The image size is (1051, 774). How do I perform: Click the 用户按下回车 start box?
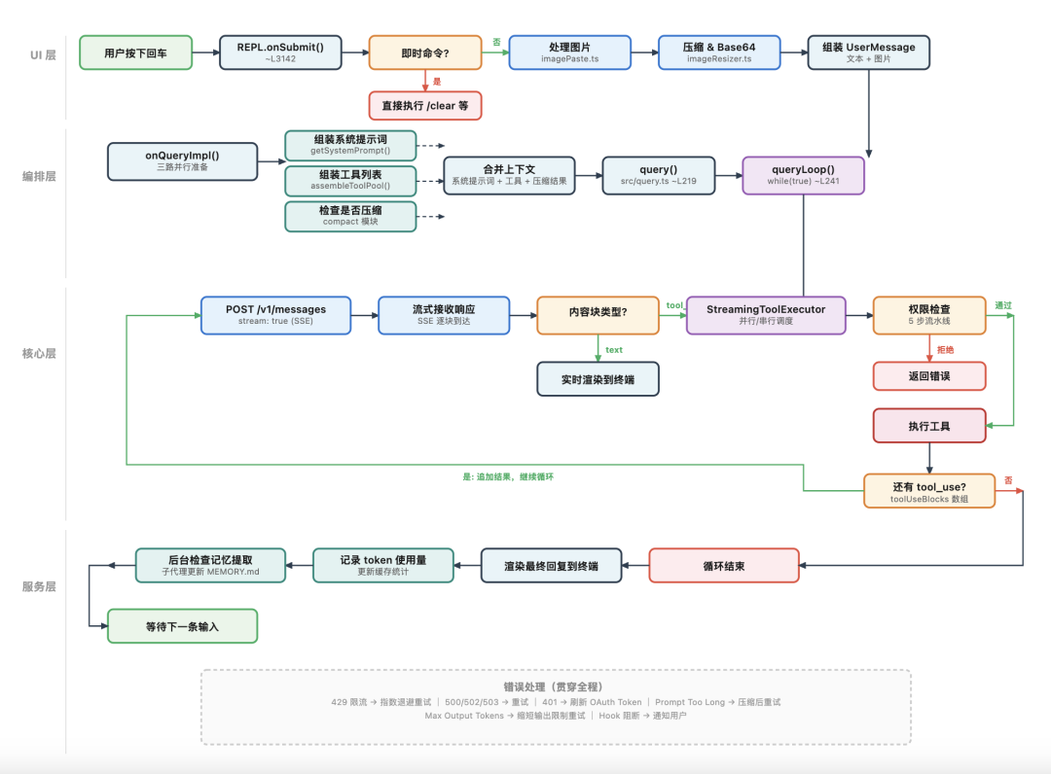pyautogui.click(x=135, y=53)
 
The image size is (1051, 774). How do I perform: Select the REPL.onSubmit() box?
pyautogui.click(x=280, y=53)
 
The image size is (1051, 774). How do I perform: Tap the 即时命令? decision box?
pyautogui.click(x=425, y=53)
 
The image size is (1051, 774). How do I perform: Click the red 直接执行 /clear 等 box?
pyautogui.click(x=425, y=105)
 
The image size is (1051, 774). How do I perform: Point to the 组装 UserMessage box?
pyautogui.click(x=868, y=53)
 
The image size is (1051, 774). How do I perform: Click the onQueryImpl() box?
pyautogui.click(x=182, y=161)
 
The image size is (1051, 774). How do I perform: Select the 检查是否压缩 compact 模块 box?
pyautogui.click(x=350, y=216)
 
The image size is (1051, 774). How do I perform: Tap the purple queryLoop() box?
pyautogui.click(x=803, y=175)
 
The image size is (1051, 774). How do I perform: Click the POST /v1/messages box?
pyautogui.click(x=275, y=315)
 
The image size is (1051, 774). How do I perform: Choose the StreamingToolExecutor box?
pyautogui.click(x=766, y=315)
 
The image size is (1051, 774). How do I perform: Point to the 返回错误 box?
pyautogui.click(x=929, y=376)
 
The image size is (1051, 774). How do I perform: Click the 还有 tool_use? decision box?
pyautogui.click(x=928, y=491)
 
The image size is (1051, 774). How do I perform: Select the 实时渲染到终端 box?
pyautogui.click(x=598, y=379)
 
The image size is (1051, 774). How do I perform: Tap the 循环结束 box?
pyautogui.click(x=723, y=565)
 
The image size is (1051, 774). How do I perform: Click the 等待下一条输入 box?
pyautogui.click(x=182, y=626)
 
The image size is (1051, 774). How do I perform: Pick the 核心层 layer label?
pyautogui.click(x=39, y=353)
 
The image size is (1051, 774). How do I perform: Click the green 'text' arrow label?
pyautogui.click(x=614, y=349)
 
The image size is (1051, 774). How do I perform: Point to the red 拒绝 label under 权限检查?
pyautogui.click(x=945, y=349)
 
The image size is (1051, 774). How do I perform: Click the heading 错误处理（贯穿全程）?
pyautogui.click(x=556, y=686)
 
